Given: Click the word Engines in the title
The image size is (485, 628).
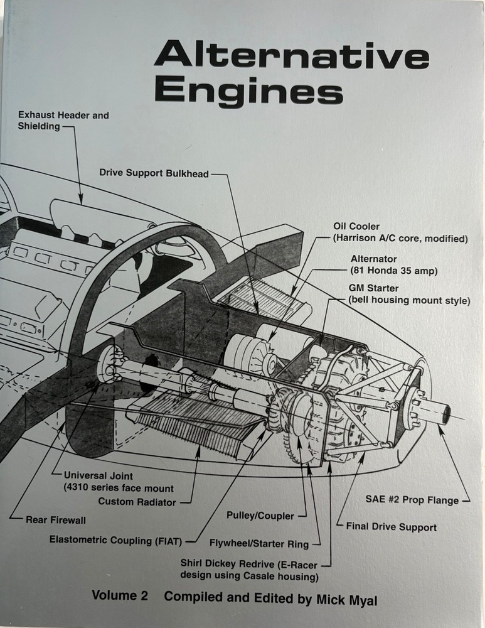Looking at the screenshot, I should coord(248,91).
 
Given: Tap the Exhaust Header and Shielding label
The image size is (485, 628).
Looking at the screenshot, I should coord(63,121).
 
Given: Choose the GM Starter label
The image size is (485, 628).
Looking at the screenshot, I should coord(408,294).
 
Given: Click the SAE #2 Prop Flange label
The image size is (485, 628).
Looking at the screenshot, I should coord(412,501).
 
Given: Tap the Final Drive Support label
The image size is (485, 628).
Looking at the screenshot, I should coord(391,527).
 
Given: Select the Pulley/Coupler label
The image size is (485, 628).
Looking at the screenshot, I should coord(260,516).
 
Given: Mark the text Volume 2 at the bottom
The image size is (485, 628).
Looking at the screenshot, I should coord(119,597).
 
